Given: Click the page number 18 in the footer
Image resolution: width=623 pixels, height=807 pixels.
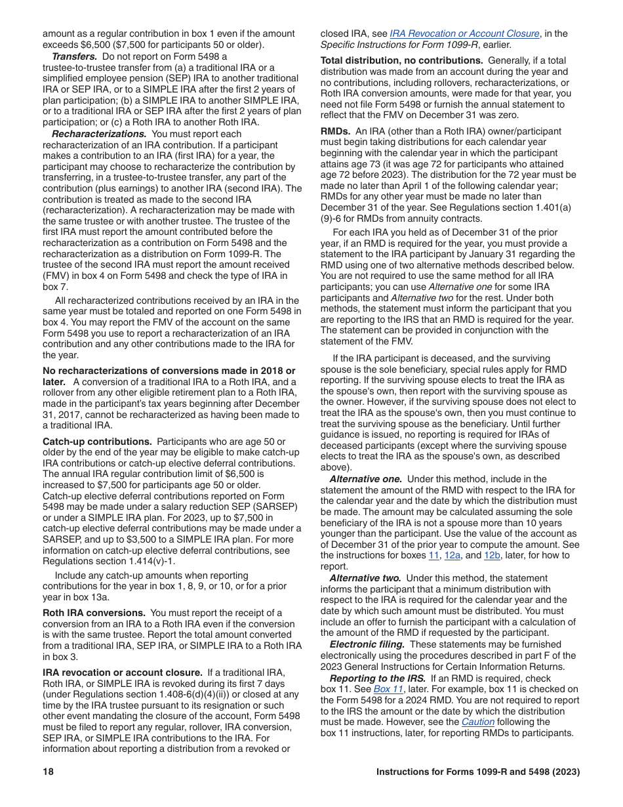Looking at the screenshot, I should pos(48,772).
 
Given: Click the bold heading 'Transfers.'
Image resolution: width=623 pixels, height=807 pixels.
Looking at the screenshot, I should pos(75,56).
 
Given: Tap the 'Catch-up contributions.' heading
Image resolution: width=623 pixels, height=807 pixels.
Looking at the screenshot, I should pos(97,442).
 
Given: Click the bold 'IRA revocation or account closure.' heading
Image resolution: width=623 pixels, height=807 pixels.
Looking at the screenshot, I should pos(123,672).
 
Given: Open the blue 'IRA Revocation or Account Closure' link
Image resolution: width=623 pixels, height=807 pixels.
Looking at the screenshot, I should pos(464,33).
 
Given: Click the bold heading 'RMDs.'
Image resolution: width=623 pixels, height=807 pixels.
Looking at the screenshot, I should pos(335,131).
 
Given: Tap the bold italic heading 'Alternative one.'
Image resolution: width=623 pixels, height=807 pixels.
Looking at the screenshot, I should pos(366,479).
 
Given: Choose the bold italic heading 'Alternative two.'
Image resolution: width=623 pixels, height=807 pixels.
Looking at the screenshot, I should pos(365,578).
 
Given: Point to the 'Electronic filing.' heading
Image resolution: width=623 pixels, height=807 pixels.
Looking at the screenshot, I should pos(367,644).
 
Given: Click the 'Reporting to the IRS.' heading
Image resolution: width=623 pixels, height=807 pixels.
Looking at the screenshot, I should pos(377,678).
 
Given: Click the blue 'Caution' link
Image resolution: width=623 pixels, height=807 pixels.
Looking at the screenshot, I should pos(479,722).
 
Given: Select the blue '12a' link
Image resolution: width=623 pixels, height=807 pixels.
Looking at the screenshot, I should pos(452,555).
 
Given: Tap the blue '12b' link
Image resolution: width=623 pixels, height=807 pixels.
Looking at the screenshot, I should pos(492,555).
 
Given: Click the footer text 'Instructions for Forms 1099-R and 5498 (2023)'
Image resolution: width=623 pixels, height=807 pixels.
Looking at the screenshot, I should pos(478,772).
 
